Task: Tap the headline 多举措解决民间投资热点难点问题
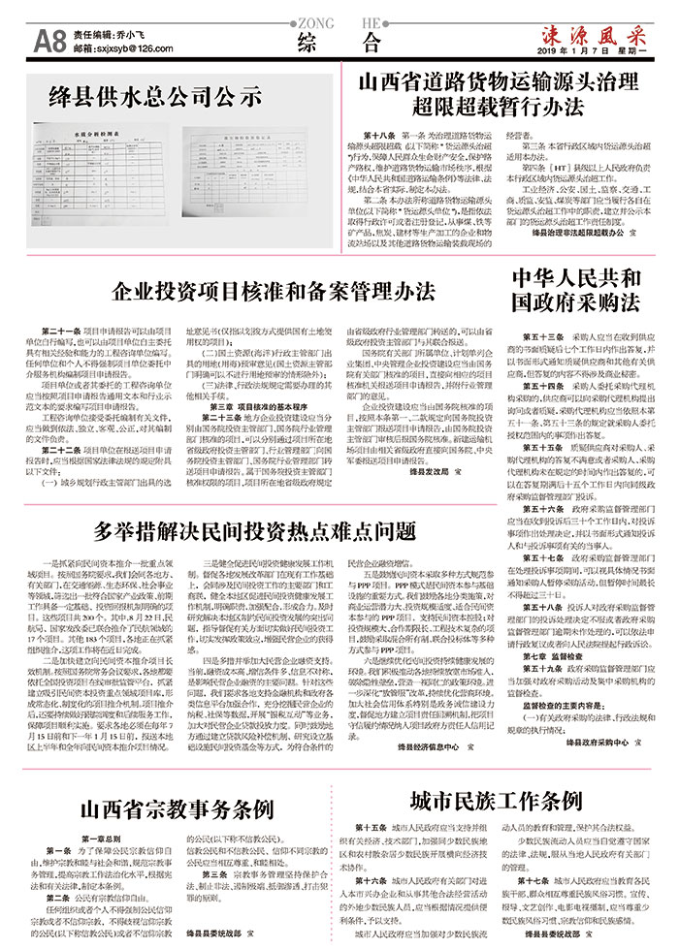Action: click(254, 531)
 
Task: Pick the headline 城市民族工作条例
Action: click(495, 800)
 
